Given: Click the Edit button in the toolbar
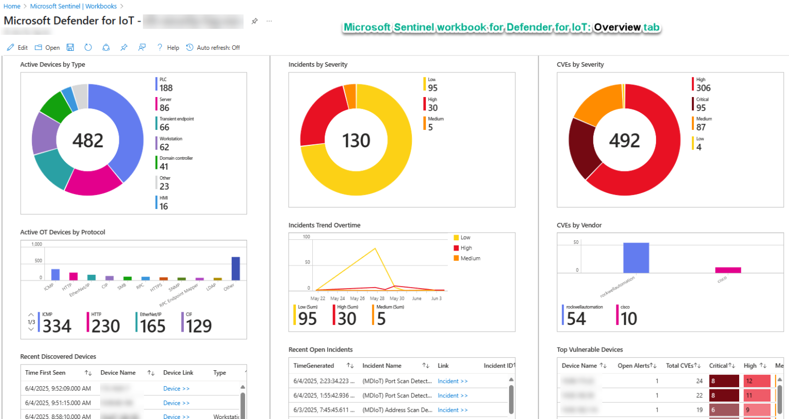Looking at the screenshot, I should [17, 48].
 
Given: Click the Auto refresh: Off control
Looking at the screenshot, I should [213, 48].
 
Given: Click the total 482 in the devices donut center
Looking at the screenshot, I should [88, 141].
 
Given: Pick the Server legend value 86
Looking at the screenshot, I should [164, 108].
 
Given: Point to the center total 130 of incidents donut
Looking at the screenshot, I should [356, 141].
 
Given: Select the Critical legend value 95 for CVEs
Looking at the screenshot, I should [701, 108].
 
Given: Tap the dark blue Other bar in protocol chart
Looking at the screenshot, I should [236, 268].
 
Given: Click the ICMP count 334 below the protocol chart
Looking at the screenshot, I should [57, 326].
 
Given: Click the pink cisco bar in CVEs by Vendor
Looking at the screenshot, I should [728, 270].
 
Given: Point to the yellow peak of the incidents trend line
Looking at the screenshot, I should [375, 249].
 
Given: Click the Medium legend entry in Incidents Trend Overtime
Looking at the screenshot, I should [470, 258].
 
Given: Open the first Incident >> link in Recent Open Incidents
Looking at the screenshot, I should [453, 381].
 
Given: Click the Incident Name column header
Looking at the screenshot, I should [382, 366].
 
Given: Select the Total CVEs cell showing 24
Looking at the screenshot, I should [699, 381].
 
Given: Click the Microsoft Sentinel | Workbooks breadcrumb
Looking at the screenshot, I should [73, 6].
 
